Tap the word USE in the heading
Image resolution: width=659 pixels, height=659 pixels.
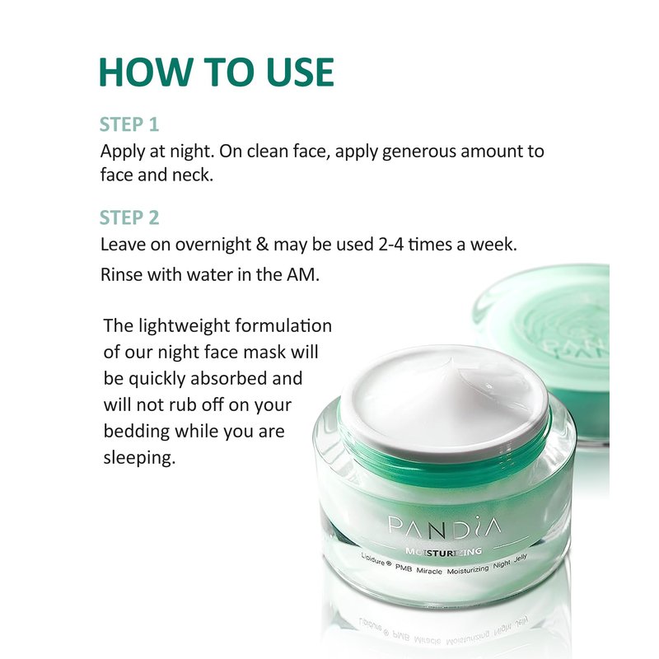pyautogui.click(x=300, y=72)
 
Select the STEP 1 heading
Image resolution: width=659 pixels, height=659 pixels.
pyautogui.click(x=129, y=124)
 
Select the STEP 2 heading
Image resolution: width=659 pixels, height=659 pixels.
pyautogui.click(x=129, y=217)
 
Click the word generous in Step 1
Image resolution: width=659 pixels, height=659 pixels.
pyautogui.click(x=418, y=152)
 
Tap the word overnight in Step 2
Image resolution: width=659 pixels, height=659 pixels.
pyautogui.click(x=213, y=245)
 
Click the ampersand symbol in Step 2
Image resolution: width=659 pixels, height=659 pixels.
pyautogui.click(x=262, y=244)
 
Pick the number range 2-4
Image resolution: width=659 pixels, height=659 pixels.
pyautogui.click(x=390, y=244)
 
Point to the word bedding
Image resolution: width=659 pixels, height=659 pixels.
pyautogui.click(x=136, y=432)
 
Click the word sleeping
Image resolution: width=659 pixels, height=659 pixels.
pyautogui.click(x=139, y=458)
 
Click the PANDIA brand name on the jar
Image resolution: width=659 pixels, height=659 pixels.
pyautogui.click(x=444, y=527)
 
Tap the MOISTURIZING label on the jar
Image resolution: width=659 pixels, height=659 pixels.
pyautogui.click(x=443, y=552)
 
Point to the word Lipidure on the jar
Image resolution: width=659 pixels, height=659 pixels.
pyautogui.click(x=372, y=559)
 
